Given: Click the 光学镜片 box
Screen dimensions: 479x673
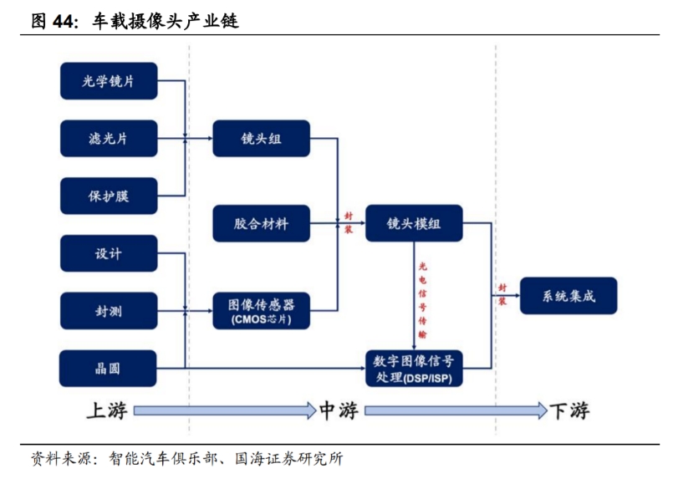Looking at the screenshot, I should click(109, 81).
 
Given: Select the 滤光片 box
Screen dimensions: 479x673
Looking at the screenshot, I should click(109, 138).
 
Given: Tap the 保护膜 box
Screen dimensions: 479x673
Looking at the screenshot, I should click(109, 196).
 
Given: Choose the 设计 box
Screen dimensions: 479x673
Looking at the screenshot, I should click(109, 253).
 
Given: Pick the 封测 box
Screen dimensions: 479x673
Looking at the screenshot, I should click(109, 311).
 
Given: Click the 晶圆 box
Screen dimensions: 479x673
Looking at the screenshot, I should click(109, 368).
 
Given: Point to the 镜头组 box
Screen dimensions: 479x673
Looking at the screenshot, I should click(261, 139).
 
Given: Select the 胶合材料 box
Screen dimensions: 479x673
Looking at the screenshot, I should click(261, 223).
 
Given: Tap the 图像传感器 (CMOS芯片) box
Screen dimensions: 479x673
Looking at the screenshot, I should click(261, 310).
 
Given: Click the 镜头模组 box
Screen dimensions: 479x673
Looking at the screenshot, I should click(414, 223).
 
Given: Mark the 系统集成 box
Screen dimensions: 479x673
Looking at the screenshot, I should click(568, 296).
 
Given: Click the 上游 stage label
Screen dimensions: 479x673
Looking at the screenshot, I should click(106, 410).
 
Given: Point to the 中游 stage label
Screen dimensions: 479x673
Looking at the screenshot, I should click(339, 410).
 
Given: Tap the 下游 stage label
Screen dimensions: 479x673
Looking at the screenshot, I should click(569, 410).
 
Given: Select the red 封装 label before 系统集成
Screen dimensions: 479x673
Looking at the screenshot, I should click(502, 294).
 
